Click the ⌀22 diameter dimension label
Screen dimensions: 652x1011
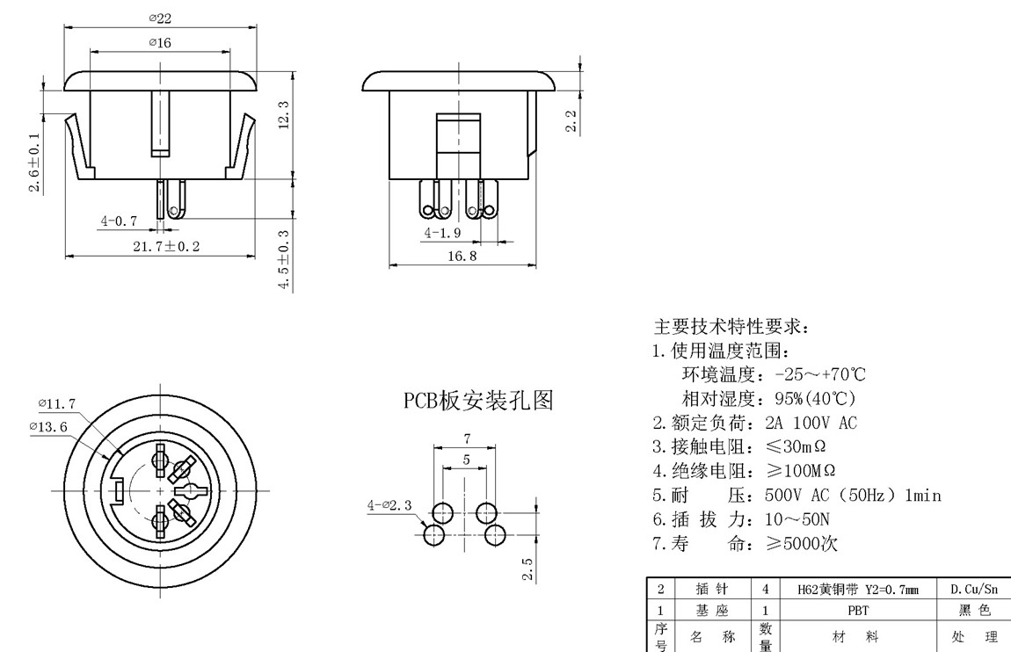[160, 18]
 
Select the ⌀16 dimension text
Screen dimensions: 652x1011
[160, 42]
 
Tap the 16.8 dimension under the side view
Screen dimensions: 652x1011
[462, 256]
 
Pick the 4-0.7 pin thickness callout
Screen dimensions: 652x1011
[120, 221]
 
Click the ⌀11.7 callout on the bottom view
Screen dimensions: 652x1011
[56, 403]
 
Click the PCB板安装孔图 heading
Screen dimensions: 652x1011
[478, 401]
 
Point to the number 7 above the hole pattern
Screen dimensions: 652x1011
[467, 438]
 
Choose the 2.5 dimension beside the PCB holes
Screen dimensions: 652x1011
[527, 569]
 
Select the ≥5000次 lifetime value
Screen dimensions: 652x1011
[801, 543]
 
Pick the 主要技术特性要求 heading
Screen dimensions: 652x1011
[730, 327]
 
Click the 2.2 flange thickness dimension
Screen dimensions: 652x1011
[571, 121]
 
